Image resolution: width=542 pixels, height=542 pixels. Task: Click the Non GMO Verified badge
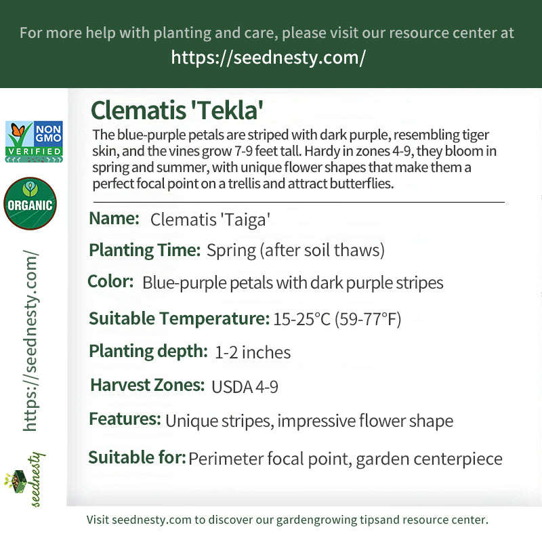click(x=34, y=142)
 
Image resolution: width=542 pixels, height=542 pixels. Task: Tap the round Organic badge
click(x=30, y=203)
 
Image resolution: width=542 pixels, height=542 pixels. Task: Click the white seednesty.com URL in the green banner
click(x=268, y=58)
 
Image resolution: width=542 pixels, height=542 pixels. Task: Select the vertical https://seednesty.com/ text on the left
click(x=30, y=341)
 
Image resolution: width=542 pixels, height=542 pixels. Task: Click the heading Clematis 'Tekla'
click(x=177, y=110)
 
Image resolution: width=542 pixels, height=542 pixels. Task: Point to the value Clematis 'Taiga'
click(x=210, y=220)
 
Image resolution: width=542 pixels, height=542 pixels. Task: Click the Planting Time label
click(x=145, y=250)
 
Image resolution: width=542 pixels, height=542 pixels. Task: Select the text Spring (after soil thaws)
click(x=295, y=250)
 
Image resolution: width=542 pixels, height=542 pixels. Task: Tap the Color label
click(x=110, y=281)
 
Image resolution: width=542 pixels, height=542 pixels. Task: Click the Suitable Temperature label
click(x=179, y=318)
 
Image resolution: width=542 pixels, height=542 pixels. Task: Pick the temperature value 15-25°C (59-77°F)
click(x=337, y=319)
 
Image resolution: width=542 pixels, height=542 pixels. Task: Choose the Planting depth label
click(x=148, y=352)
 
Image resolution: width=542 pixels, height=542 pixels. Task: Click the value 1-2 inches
click(x=253, y=352)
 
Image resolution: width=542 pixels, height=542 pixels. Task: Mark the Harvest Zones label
click(x=147, y=385)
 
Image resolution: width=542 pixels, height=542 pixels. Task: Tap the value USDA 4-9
click(x=245, y=387)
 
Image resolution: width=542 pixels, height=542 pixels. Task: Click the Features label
click(x=125, y=419)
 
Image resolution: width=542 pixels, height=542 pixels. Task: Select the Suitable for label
click(x=137, y=457)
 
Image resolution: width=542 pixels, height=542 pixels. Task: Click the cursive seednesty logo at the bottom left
click(x=25, y=479)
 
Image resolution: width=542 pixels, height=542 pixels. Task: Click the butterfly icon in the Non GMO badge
click(x=18, y=131)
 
